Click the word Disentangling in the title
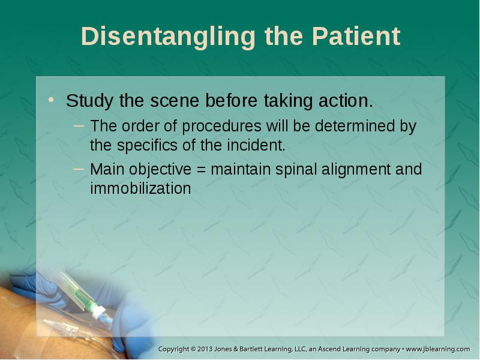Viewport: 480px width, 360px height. click(168, 37)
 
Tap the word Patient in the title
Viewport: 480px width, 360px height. click(356, 37)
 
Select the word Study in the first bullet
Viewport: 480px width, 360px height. click(89, 101)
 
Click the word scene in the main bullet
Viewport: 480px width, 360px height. click(175, 101)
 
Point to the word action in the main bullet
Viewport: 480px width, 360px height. click(346, 100)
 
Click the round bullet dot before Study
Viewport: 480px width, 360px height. click(51, 100)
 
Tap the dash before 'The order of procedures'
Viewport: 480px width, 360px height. click(79, 125)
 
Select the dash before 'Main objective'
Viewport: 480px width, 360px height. click(79, 169)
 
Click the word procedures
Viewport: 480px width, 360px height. click(221, 127)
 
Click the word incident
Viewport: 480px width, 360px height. click(256, 145)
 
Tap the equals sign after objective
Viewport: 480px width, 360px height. click(201, 170)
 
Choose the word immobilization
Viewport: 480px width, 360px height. click(140, 188)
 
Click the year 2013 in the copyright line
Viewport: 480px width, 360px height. click(205, 349)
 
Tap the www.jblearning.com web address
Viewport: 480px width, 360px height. click(438, 349)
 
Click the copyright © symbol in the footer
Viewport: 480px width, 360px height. click(193, 349)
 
